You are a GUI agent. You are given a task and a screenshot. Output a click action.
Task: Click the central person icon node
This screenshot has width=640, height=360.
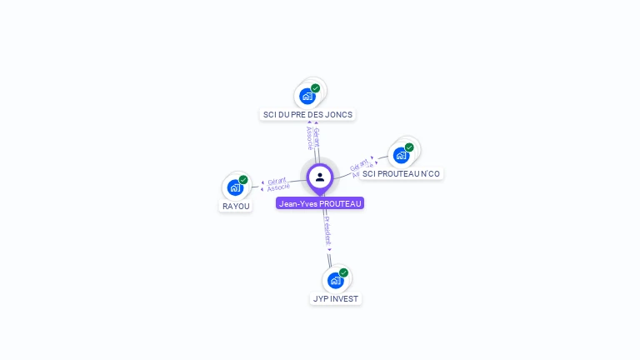[320, 177]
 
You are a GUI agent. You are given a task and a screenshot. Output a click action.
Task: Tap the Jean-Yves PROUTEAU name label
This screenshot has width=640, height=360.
[320, 203]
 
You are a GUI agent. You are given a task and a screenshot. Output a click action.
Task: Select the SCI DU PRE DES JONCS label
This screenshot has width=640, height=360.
[307, 115]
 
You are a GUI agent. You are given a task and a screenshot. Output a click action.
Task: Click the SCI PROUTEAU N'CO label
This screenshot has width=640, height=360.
[401, 174]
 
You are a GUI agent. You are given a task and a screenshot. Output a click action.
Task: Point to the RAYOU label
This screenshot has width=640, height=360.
[236, 206]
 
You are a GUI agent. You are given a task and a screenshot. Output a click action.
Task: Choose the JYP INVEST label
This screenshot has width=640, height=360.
[336, 298]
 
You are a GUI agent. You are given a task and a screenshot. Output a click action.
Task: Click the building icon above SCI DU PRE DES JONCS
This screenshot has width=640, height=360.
[307, 97]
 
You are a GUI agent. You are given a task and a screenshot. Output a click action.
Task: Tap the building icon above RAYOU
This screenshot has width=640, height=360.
[235, 187]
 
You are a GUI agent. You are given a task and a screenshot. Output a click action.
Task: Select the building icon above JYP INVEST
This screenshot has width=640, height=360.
[335, 280]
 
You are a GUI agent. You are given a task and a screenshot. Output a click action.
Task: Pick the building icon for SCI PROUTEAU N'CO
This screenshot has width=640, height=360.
[401, 156]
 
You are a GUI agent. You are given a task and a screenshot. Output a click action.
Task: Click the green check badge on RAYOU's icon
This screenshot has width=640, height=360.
[243, 179]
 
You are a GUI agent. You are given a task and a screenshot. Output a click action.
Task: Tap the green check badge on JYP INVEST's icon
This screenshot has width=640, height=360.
[343, 272]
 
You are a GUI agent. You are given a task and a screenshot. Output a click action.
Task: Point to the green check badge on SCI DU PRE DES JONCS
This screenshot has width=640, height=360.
[315, 88]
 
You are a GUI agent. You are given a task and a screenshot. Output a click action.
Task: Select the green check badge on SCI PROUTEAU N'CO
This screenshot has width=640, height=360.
[409, 147]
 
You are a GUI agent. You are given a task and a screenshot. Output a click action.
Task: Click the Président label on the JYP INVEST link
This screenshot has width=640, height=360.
[327, 231]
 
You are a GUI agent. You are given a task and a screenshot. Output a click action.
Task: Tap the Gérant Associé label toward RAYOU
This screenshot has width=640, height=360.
[278, 184]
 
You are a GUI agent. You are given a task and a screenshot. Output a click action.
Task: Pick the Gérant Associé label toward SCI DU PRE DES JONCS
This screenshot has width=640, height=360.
[312, 137]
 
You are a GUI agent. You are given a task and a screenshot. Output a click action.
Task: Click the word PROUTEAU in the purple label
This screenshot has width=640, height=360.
[340, 203]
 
